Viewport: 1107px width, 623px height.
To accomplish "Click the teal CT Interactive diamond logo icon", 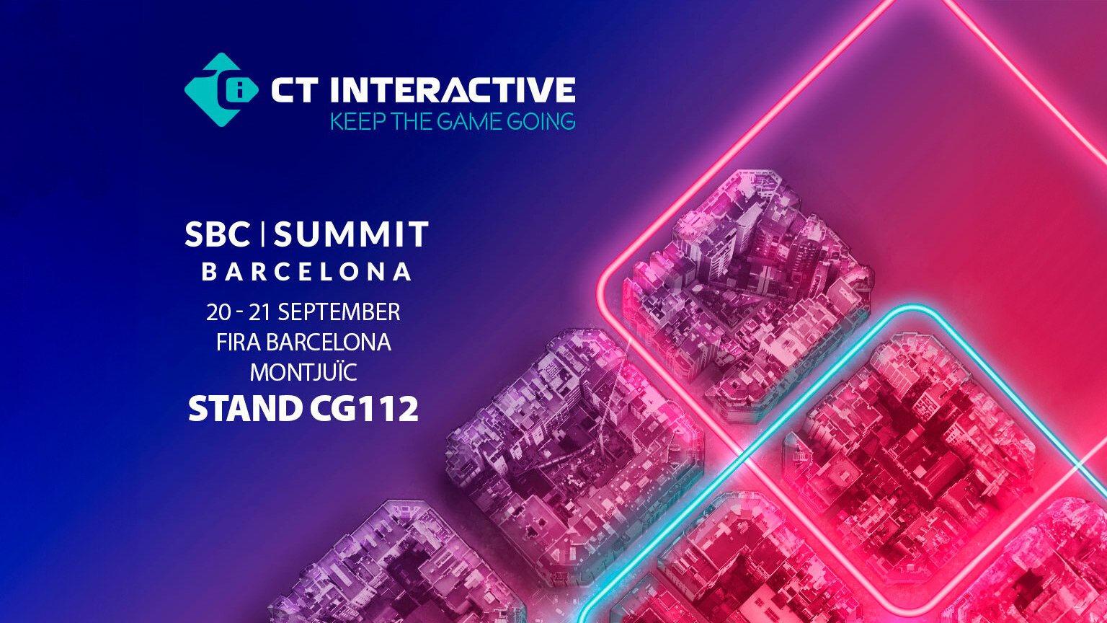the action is tap(221, 89).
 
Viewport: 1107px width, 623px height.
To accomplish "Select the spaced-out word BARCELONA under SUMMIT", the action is tap(307, 272).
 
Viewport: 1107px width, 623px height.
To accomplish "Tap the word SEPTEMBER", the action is tap(339, 312).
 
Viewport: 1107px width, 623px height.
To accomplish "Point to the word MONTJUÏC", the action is tap(303, 372).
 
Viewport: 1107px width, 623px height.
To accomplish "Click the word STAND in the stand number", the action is tap(245, 409).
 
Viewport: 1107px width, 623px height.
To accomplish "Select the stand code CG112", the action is tap(364, 409).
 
